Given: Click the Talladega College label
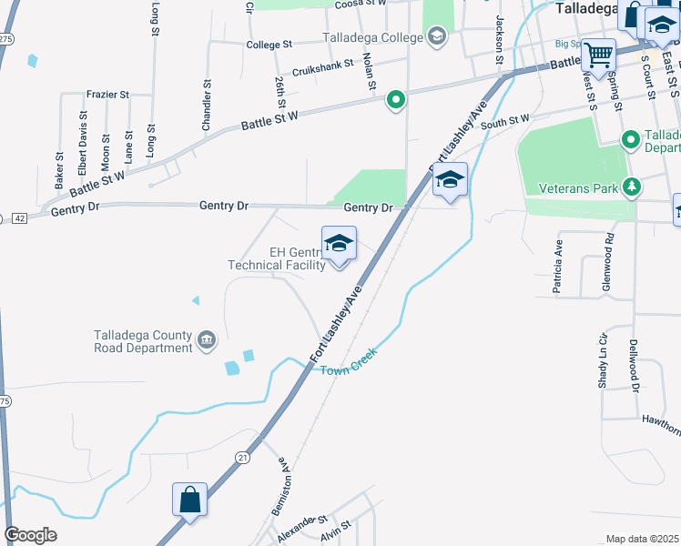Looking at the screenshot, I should pos(373,37).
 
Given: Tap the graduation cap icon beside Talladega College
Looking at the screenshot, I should pos(437,37).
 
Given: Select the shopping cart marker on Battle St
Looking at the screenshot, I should pos(598,56).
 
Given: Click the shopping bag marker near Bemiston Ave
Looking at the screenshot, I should pos(189,500).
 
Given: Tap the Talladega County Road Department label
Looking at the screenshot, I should pos(144,340).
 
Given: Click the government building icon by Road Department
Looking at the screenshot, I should pos(208,340).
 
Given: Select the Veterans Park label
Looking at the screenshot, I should pos(579,188).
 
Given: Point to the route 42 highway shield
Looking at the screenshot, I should pos(19,217).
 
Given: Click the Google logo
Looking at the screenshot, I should pos(30,535).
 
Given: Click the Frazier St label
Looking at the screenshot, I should pos(107,94).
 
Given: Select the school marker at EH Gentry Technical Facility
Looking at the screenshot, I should pos(339,244).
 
